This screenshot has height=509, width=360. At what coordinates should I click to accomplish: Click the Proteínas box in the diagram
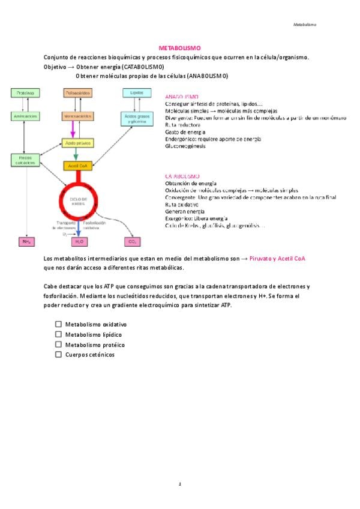(25, 93)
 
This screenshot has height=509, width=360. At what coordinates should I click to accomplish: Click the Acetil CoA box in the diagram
(77, 166)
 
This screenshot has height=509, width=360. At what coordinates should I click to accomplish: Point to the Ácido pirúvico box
(77, 143)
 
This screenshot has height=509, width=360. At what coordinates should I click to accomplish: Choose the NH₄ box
(26, 241)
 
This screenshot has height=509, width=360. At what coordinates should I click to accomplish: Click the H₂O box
(79, 241)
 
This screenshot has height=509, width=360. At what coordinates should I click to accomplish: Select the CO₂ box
(132, 241)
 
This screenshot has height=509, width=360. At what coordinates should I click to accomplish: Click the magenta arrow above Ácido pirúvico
(73, 130)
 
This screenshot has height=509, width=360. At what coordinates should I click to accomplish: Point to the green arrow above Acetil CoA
(76, 154)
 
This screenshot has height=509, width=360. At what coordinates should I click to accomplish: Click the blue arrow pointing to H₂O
(79, 229)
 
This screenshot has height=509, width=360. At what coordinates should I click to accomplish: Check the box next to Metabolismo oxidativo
(58, 324)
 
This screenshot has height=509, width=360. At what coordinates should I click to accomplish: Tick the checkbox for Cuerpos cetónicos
(58, 355)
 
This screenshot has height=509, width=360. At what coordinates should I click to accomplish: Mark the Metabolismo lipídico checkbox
(58, 334)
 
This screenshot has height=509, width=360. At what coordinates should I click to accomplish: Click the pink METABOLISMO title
(179, 47)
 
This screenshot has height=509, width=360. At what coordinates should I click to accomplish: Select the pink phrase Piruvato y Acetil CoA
(277, 258)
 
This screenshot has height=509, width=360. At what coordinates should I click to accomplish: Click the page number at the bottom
(180, 484)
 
